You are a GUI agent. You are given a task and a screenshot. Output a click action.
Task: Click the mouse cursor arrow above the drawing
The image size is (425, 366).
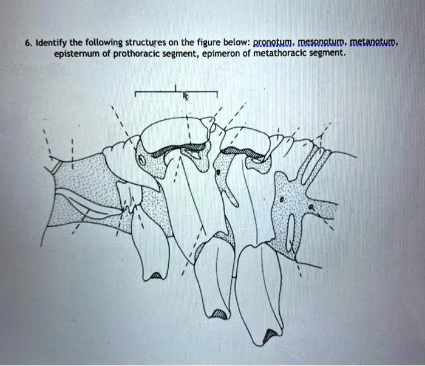click(x=186, y=95)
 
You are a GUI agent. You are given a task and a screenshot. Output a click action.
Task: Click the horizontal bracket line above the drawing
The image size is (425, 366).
click(x=176, y=92)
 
